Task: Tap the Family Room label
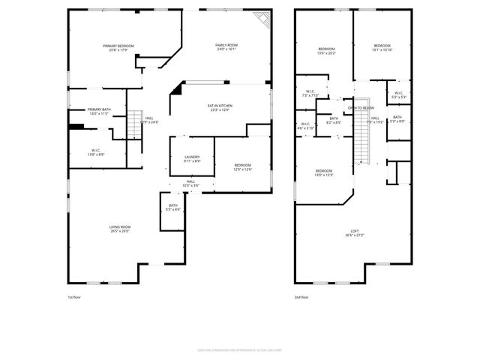pyautogui.click(x=226, y=48)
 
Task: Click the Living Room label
pyautogui.click(x=120, y=229)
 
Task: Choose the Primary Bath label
pyautogui.click(x=98, y=112)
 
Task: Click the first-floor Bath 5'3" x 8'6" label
pyautogui.click(x=172, y=208)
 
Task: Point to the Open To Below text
pyautogui.click(x=361, y=108)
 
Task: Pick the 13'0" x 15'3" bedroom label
pyautogui.click(x=323, y=172)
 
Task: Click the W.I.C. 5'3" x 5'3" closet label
pyautogui.click(x=399, y=95)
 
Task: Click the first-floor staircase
pyautogui.click(x=135, y=124)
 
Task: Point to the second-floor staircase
pyautogui.click(x=365, y=139)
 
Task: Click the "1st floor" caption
pyautogui.click(x=73, y=297)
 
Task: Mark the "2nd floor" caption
pyautogui.click(x=301, y=297)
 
